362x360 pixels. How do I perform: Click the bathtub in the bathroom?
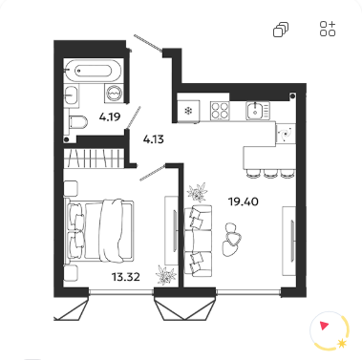94,71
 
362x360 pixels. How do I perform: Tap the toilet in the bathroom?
78,122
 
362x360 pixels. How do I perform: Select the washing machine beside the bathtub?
114,94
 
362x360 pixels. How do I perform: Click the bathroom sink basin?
71,95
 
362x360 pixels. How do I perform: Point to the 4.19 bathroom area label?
110,117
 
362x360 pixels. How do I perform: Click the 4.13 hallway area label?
153,139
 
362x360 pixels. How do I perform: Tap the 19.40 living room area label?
244,201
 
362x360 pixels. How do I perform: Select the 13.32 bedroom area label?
126,277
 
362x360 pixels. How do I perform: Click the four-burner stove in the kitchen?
220,111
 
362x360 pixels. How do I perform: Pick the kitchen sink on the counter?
258,111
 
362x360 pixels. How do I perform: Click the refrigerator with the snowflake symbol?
188,111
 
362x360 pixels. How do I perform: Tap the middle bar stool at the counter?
271,173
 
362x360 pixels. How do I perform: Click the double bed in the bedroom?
99,231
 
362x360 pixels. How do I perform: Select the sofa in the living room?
198,241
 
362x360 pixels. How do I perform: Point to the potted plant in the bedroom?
165,275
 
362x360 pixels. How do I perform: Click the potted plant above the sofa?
198,192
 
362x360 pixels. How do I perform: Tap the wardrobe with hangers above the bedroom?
94,159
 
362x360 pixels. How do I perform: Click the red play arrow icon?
325,326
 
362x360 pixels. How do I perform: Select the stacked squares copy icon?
281,30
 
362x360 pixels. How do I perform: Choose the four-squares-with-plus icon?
328,29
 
